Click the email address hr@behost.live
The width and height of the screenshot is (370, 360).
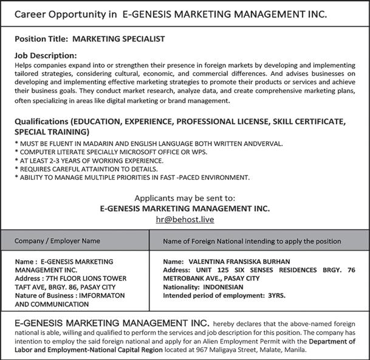tap(185, 220)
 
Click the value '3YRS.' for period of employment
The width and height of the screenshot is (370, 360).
tap(276, 296)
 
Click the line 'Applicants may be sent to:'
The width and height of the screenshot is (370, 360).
tap(184, 198)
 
